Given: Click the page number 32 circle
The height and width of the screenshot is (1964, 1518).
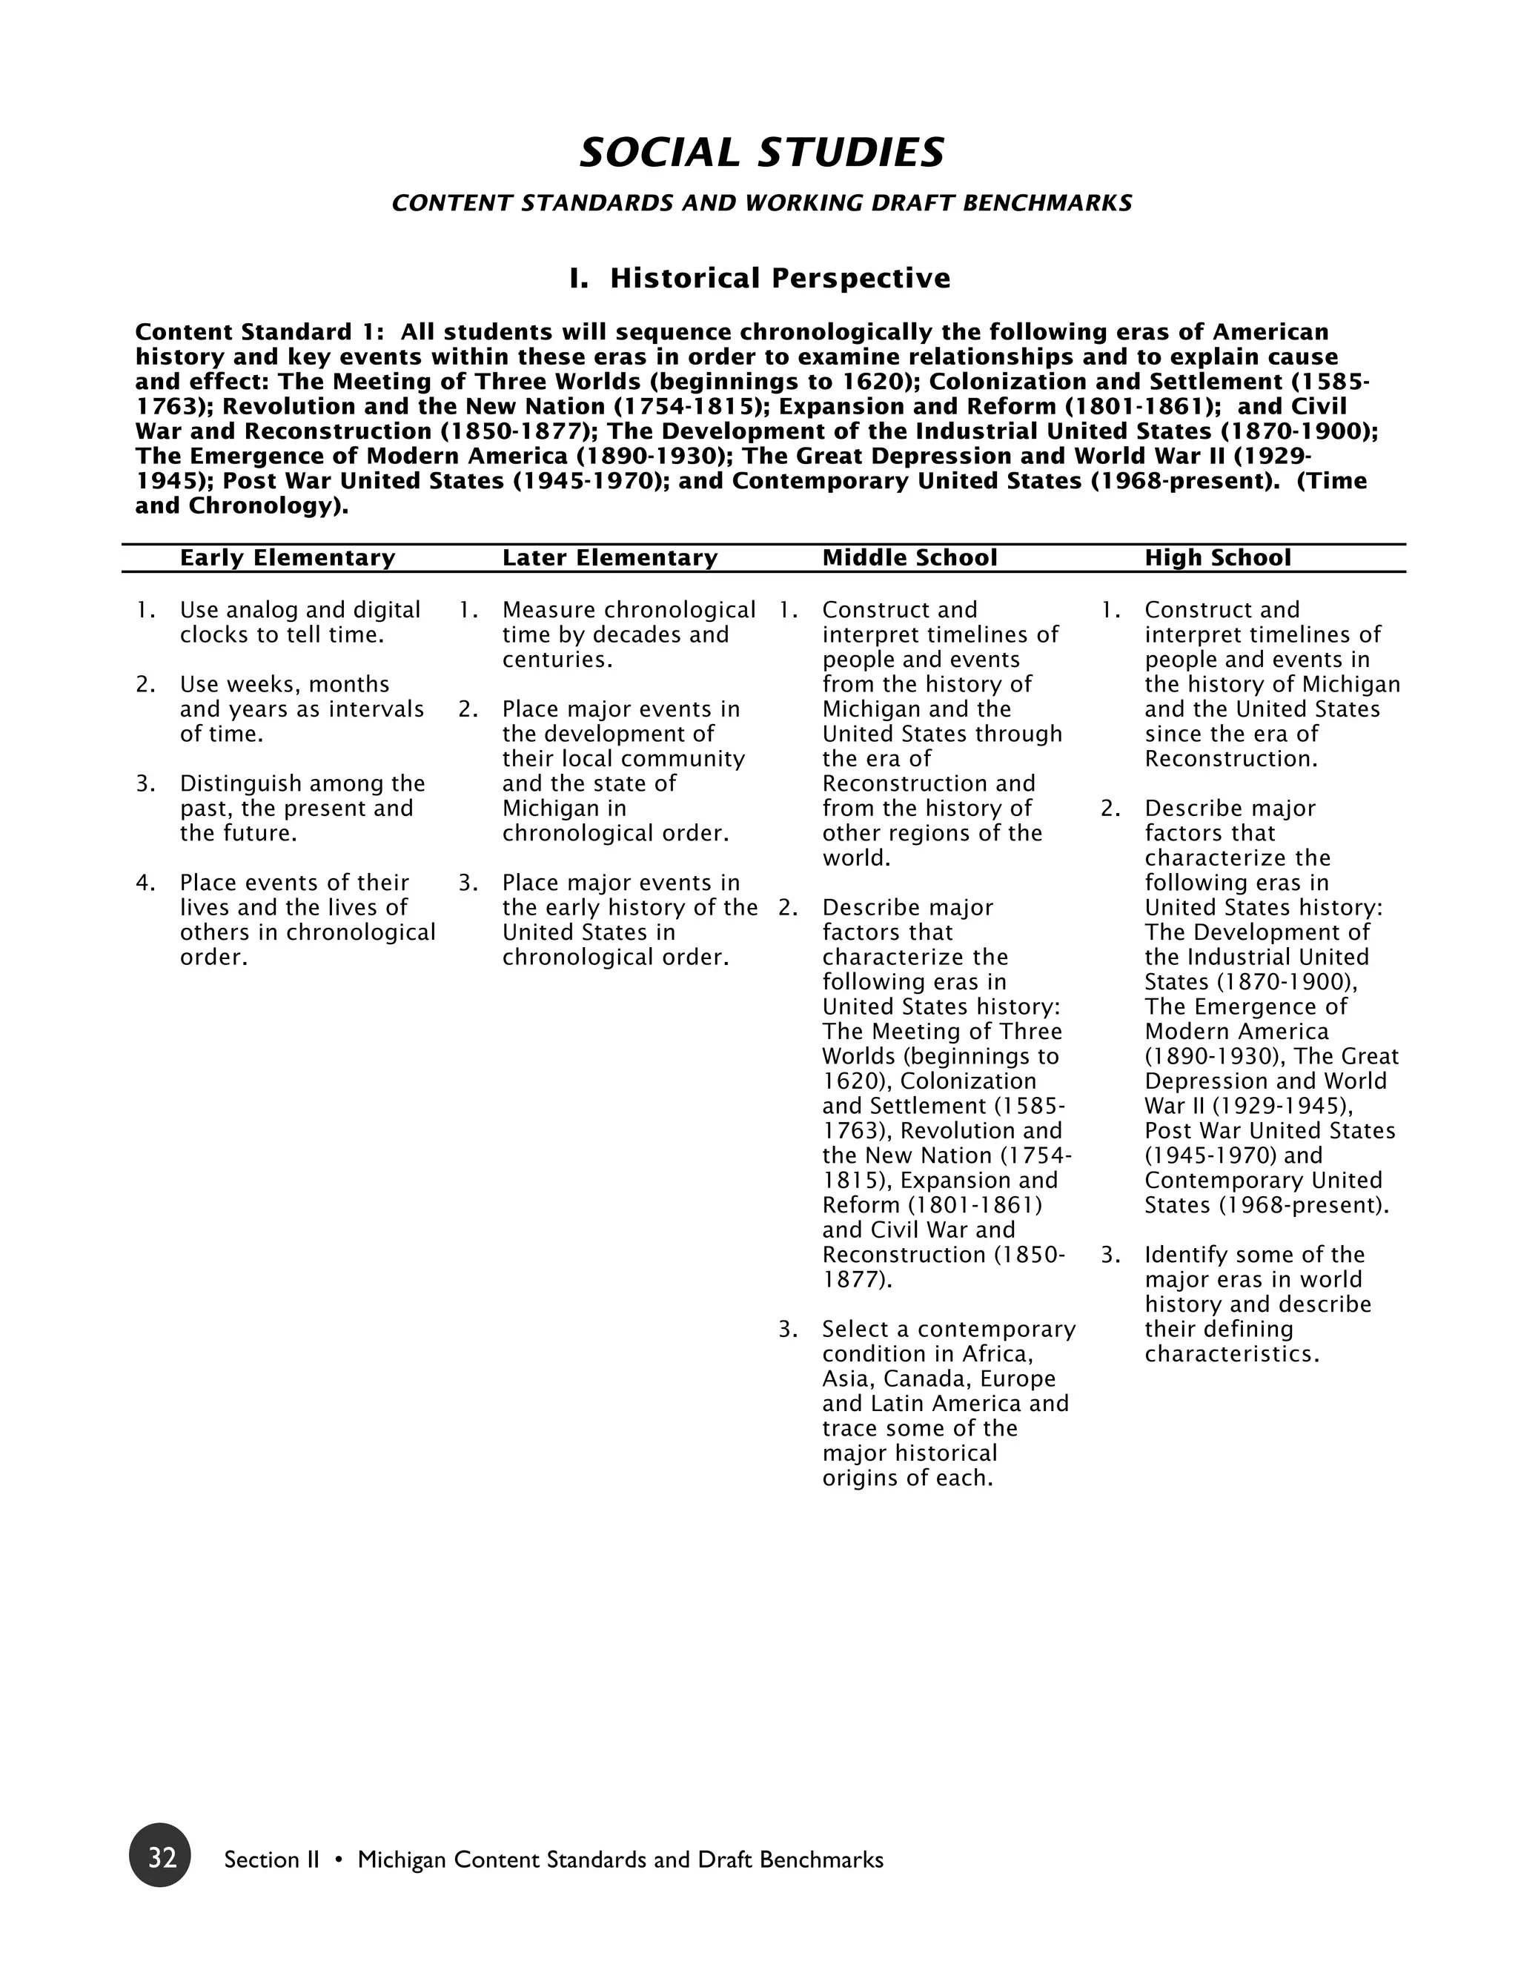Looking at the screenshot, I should (160, 1854).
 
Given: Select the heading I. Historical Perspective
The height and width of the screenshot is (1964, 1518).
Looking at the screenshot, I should (760, 278).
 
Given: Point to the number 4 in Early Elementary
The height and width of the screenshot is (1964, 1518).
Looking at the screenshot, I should (142, 883).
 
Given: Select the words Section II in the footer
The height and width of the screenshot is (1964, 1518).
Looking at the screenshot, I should (271, 1860).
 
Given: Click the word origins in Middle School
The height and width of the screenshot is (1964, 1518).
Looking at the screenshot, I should (860, 1479).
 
